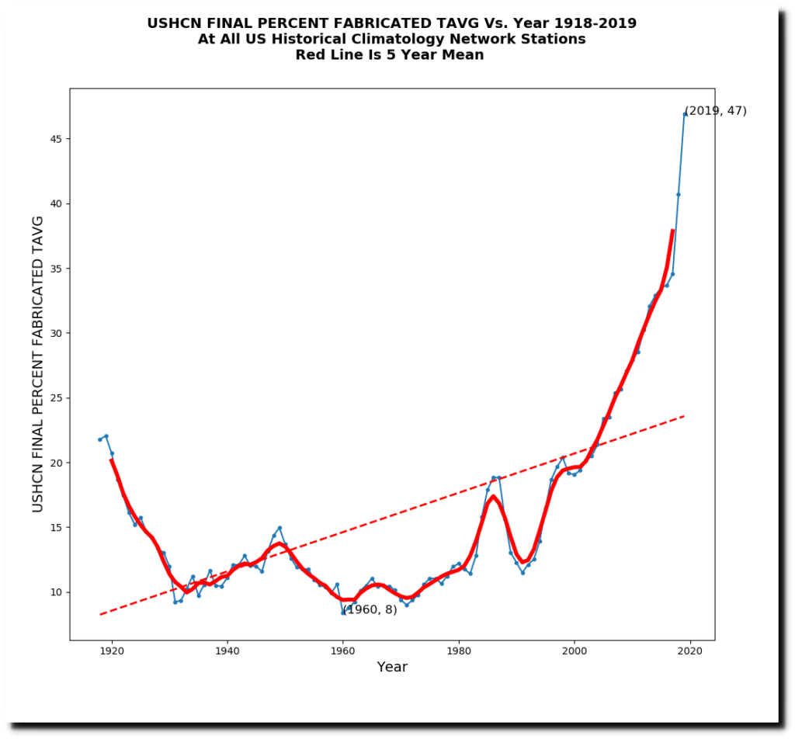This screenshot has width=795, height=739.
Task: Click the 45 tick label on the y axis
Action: pos(56,139)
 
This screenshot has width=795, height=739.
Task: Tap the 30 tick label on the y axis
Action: pos(56,333)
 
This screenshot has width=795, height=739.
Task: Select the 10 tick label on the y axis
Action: pos(56,592)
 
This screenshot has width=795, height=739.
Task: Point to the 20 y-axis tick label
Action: pos(56,463)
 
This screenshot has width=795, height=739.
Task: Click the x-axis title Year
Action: pos(392,667)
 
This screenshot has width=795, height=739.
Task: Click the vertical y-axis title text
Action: pos(38,364)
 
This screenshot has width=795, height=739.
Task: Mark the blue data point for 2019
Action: pos(684,114)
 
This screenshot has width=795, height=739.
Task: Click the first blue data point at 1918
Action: pos(99,439)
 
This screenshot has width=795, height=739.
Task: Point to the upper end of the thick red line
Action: pos(672,231)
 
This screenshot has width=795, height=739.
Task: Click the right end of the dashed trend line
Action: pos(684,416)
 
